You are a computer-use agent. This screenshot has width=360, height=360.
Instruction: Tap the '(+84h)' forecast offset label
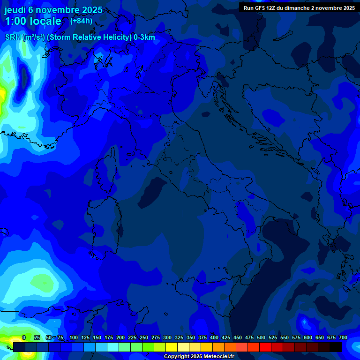tap(81, 21)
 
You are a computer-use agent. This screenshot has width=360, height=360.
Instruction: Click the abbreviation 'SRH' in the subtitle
tap(13, 37)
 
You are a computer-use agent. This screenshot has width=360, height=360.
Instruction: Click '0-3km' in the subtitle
tap(144, 37)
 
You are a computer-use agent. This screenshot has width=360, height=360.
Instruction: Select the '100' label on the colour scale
tap(74, 337)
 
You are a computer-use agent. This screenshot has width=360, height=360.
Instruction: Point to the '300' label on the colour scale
tap(167, 337)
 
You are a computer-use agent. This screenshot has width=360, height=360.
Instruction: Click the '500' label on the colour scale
tap(261, 337)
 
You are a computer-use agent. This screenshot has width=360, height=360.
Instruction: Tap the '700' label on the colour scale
tap(343, 337)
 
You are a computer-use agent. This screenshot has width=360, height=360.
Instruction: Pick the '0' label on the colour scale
tap(24, 337)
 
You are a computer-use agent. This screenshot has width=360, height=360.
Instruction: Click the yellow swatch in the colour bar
tap(172, 347)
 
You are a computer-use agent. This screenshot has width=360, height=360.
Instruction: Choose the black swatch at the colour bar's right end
tap(336, 347)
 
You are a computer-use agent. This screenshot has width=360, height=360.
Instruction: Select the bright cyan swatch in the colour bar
tap(113, 347)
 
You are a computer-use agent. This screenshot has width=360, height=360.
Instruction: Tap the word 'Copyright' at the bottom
tap(177, 357)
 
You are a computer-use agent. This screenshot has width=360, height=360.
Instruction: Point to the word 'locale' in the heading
tap(45, 21)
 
